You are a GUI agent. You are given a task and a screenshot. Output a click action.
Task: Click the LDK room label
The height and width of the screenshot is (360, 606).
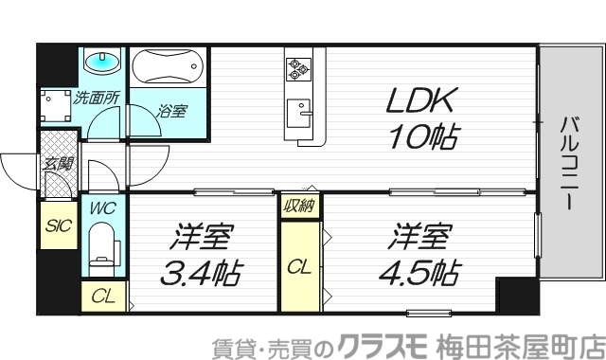click(x=422, y=101)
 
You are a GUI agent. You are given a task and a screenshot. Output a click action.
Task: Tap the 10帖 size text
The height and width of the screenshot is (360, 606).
click(x=422, y=139)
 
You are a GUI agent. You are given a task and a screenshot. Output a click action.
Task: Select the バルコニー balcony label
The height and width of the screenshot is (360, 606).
click(x=570, y=160)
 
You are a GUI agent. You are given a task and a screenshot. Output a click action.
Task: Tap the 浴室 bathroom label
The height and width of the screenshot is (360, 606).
click(x=172, y=111)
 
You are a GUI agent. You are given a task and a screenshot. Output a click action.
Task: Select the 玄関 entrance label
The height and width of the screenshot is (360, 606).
click(x=58, y=163)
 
